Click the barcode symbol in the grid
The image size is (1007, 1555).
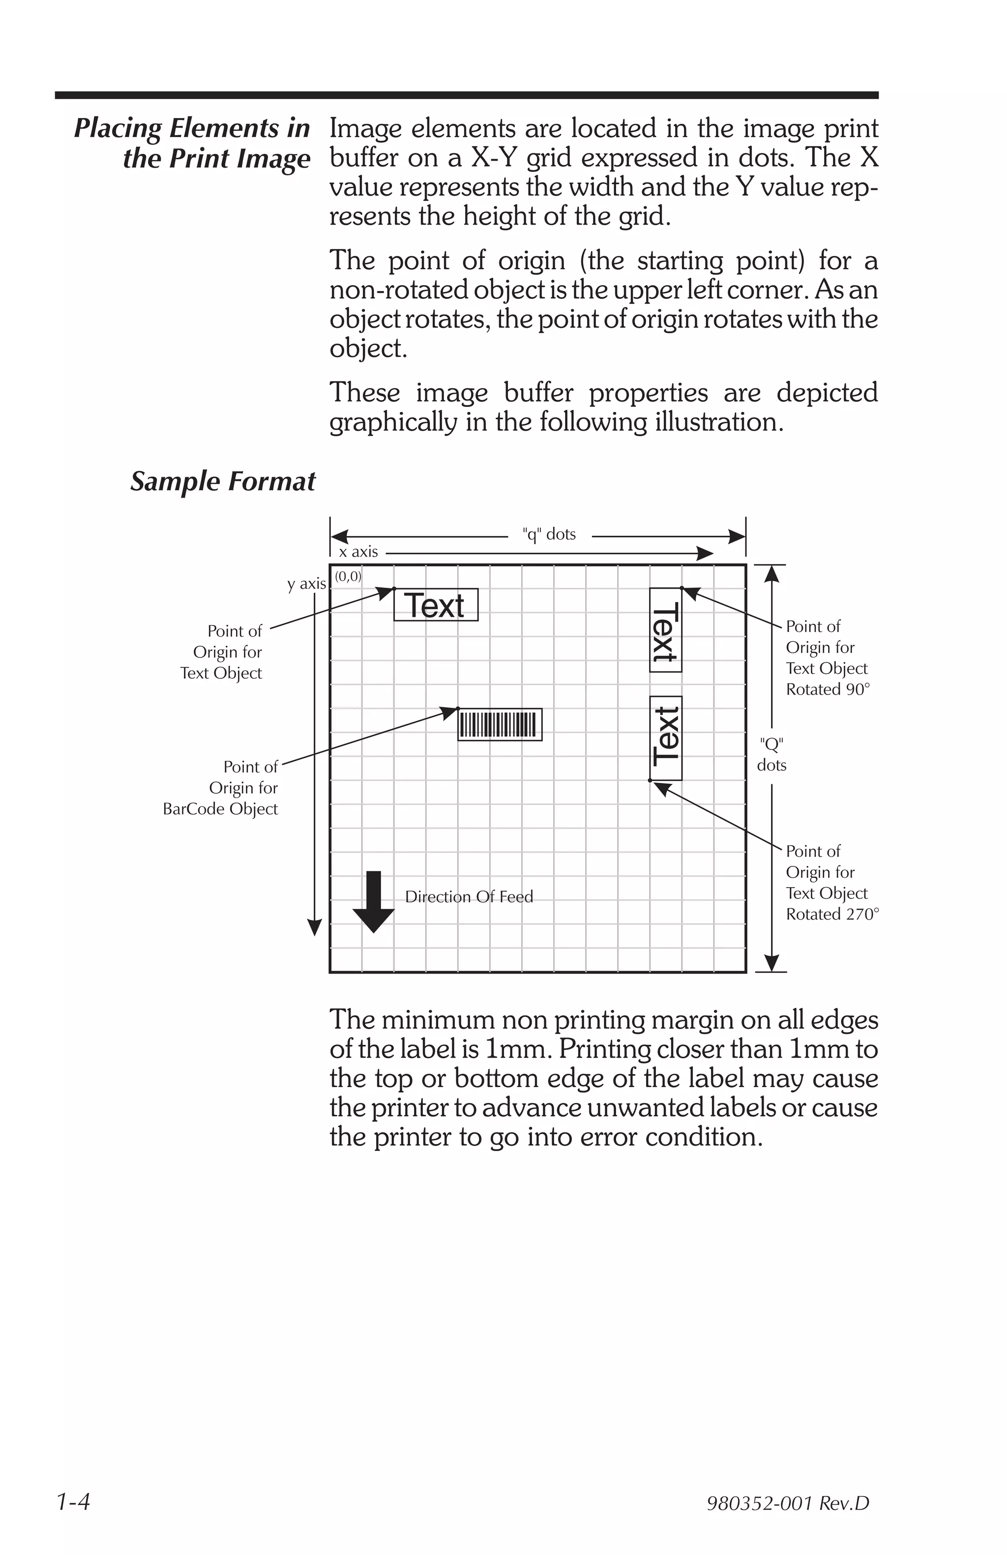pos(499,724)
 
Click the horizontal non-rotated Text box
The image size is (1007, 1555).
pos(435,605)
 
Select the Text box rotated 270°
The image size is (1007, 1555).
pos(665,738)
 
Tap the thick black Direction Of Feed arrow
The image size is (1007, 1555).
pos(373,902)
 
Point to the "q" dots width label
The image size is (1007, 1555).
pos(549,534)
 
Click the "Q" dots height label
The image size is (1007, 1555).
pos(771,754)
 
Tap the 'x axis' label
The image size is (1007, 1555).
pos(358,552)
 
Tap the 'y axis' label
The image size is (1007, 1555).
pos(306,584)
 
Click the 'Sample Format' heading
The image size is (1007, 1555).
pos(223,482)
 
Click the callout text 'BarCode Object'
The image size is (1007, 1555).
pos(220,809)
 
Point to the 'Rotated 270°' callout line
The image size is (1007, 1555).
pos(832,914)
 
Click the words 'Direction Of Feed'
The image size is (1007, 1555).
pos(469,896)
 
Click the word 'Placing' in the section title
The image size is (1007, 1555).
pos(118,128)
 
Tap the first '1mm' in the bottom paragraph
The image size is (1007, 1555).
pos(511,1049)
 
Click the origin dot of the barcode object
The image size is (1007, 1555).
pos(457,709)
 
